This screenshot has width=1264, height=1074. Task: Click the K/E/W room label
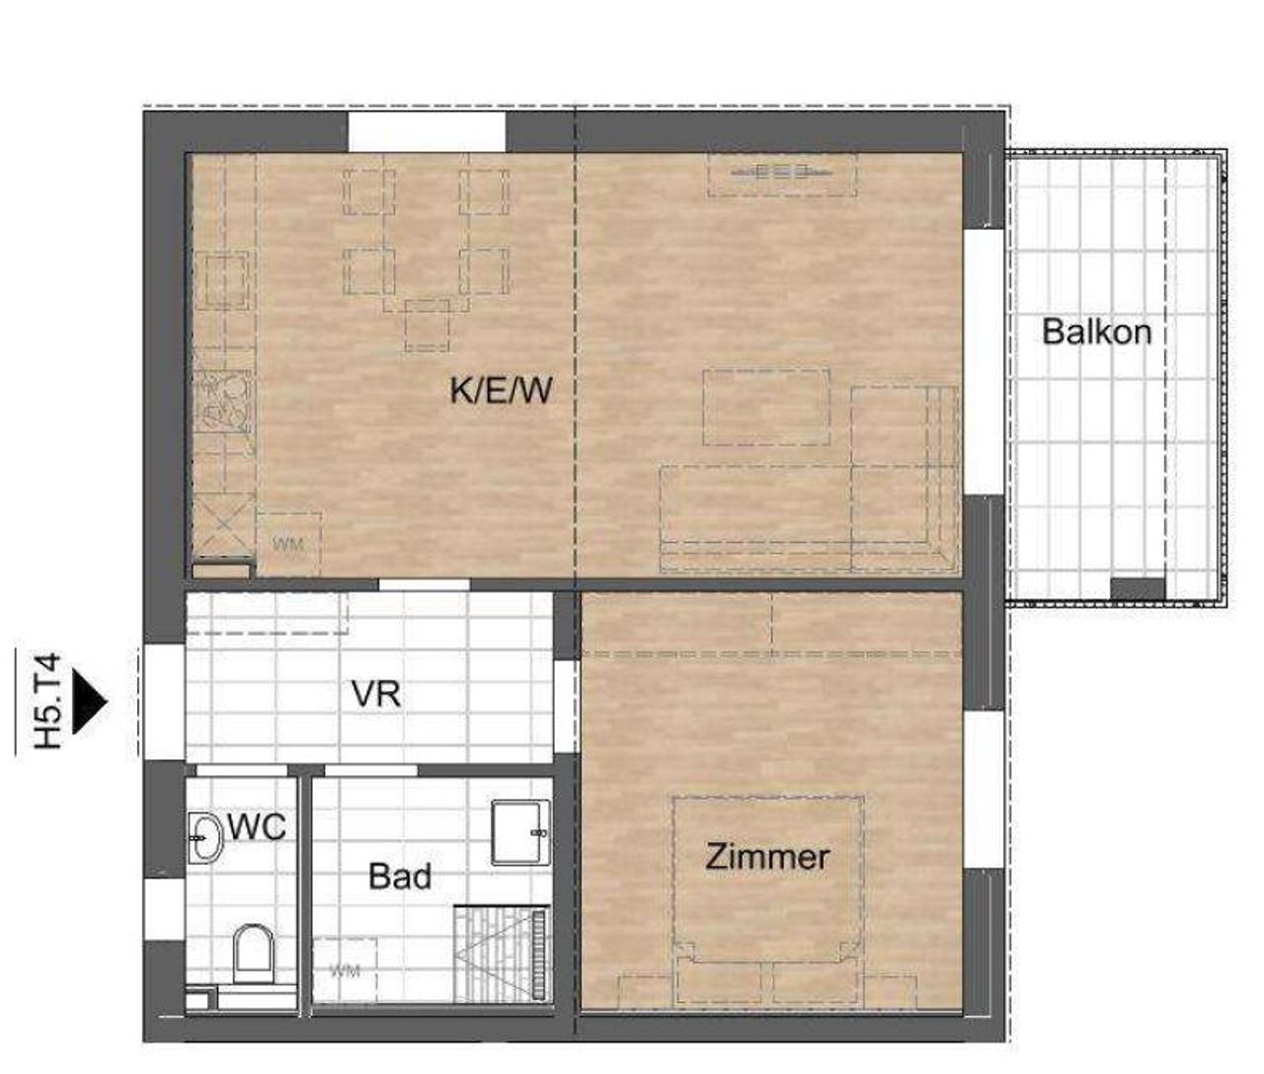[x=501, y=390]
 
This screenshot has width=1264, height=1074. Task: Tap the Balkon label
[x=1096, y=332]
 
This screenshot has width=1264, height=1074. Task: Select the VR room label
[x=375, y=694]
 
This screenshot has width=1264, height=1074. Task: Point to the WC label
[x=257, y=827]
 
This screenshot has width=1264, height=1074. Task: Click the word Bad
[x=400, y=876]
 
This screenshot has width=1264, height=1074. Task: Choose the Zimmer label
[x=767, y=857]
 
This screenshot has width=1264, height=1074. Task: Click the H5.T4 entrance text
[x=49, y=701]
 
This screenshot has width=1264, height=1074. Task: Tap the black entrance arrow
[x=89, y=702]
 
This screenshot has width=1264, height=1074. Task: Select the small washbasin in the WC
[x=204, y=837]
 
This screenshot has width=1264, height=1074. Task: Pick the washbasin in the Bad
[x=520, y=832]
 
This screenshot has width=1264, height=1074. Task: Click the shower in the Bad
[x=501, y=955]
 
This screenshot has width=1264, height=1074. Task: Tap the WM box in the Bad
[x=345, y=969]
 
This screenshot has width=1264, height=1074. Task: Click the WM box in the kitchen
[x=288, y=544]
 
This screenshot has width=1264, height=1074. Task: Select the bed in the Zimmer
[x=768, y=899]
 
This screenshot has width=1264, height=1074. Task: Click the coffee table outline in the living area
[x=766, y=407]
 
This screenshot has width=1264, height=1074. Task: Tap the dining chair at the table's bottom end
[x=428, y=325]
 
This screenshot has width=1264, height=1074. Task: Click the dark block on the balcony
[x=1138, y=588]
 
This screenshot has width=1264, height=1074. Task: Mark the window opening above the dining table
[x=427, y=131]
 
